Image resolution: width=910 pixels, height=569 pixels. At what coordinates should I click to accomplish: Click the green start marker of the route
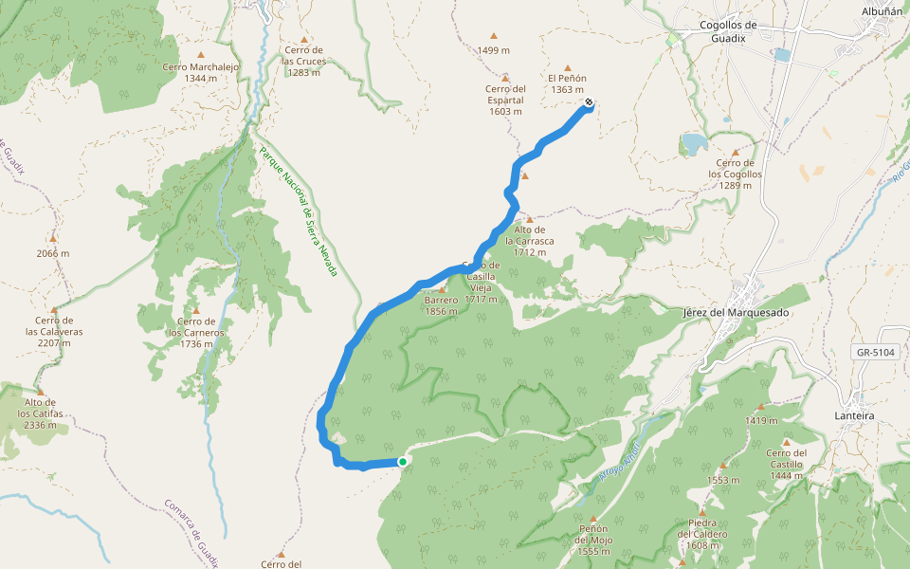[403, 462]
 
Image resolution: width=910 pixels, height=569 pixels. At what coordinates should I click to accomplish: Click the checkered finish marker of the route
[590, 103]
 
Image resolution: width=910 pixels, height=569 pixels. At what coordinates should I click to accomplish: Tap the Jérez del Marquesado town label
[736, 312]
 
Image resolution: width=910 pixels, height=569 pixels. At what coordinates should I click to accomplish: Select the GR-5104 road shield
[875, 352]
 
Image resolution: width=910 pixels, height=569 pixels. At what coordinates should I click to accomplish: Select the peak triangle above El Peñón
[568, 68]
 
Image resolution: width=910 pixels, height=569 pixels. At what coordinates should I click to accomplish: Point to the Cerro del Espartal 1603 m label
[505, 101]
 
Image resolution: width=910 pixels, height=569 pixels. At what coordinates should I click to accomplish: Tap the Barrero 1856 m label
[442, 305]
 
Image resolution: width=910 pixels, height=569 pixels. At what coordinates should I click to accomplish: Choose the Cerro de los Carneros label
[196, 333]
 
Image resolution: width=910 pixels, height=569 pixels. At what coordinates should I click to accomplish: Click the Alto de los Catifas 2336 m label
[39, 413]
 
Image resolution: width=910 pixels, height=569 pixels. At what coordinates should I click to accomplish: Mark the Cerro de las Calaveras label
[54, 332]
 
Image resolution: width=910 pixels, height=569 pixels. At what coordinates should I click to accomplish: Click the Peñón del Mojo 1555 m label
[593, 540]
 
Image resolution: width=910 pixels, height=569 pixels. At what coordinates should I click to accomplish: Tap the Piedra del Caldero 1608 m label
[701, 534]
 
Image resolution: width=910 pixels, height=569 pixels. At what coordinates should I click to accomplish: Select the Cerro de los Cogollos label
[735, 174]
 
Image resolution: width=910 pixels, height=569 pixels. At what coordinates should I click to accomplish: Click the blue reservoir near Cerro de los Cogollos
[693, 143]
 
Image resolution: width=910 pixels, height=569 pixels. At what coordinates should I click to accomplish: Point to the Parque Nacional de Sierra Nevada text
[299, 211]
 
